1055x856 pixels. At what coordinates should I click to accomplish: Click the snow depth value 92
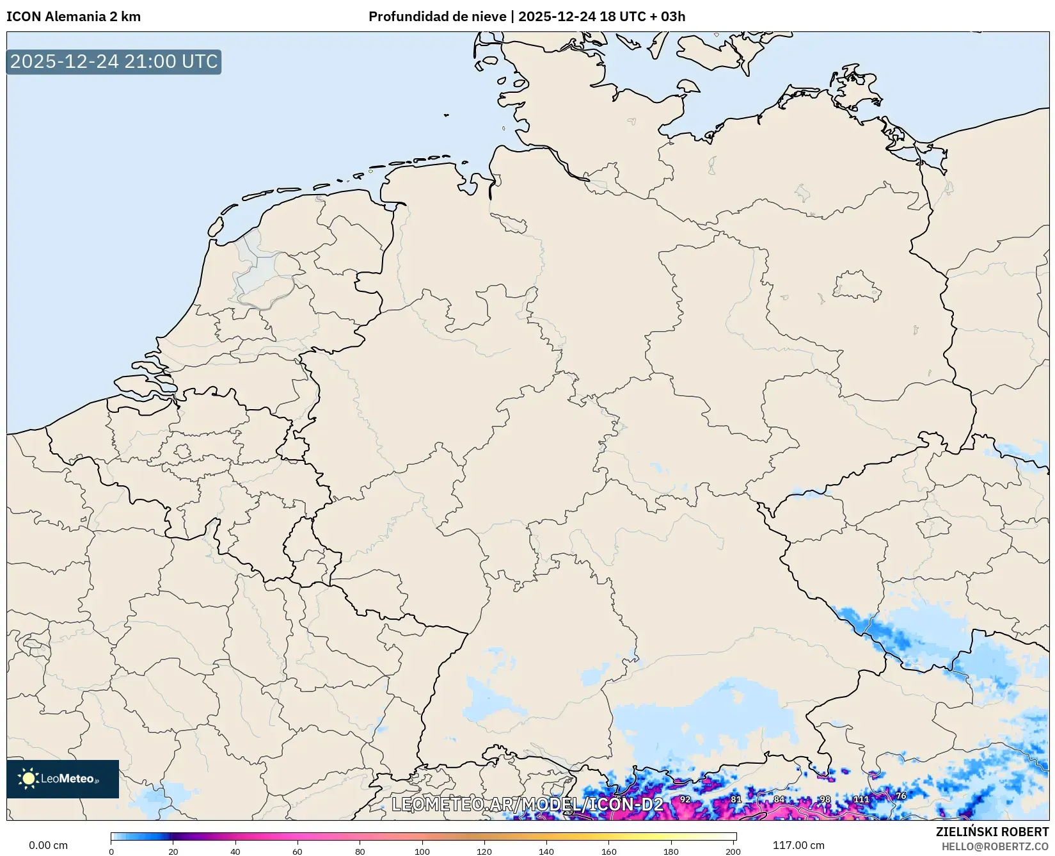[685, 800]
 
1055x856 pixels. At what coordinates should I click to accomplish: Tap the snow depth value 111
[861, 800]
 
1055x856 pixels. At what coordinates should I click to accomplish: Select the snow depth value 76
[901, 796]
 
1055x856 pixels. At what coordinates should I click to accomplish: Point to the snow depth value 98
[825, 800]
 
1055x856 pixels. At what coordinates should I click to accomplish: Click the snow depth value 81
[736, 800]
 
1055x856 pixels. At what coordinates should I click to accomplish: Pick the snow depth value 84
[779, 800]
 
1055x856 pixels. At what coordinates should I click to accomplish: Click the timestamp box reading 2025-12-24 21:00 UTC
[114, 61]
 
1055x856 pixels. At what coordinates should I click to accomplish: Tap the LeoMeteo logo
[63, 779]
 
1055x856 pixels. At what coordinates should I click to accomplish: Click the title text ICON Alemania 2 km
[74, 17]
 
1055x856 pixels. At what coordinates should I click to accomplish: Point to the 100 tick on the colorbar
[422, 852]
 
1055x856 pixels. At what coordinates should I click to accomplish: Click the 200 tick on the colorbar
[733, 852]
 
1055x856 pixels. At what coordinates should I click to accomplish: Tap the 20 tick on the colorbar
[173, 852]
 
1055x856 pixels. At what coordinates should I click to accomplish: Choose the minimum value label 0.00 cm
[48, 845]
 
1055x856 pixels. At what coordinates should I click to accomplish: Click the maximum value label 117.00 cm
[798, 845]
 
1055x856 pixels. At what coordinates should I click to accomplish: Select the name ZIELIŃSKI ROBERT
[992, 832]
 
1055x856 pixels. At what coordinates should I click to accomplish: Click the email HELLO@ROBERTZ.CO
[995, 846]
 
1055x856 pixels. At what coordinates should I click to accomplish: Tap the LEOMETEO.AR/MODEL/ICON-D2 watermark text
[527, 805]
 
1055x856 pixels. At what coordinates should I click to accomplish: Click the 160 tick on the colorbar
[608, 852]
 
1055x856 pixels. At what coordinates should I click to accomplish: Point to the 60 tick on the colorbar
[297, 852]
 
